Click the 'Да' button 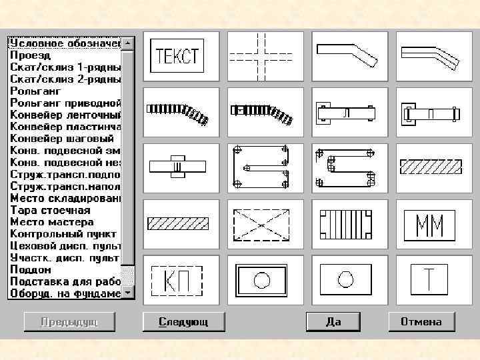[x=333, y=321]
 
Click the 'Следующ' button [x=183, y=321]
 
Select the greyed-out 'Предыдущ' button [x=69, y=321]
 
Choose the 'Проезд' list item [x=30, y=55]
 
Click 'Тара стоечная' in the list [x=50, y=210]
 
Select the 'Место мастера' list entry [x=52, y=222]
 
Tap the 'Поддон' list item [x=31, y=269]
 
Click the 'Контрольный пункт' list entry [x=63, y=234]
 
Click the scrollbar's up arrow [x=128, y=43]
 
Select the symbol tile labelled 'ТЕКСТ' [x=177, y=55]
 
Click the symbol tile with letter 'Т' [x=429, y=279]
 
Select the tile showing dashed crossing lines [x=261, y=55]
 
